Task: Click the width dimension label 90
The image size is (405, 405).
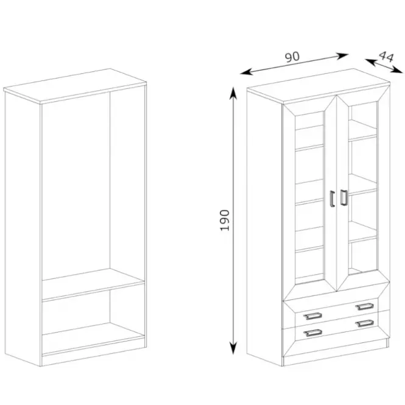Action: [x=292, y=57]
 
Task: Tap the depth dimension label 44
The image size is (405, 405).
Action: [x=386, y=57]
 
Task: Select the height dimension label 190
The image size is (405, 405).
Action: [x=224, y=220]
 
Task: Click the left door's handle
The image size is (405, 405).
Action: [x=332, y=199]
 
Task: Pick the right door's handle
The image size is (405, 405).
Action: [x=343, y=197]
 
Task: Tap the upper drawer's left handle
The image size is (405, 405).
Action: [x=312, y=316]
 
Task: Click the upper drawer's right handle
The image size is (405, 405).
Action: [x=364, y=306]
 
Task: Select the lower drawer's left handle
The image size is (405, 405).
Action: [x=313, y=333]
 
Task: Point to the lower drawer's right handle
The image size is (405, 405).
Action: [x=364, y=323]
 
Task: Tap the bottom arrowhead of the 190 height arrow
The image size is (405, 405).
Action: [x=233, y=349]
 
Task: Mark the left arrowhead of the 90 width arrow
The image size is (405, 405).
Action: [x=246, y=72]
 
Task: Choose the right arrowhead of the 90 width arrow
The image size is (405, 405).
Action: [x=343, y=56]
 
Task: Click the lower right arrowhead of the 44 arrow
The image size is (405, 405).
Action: [x=397, y=70]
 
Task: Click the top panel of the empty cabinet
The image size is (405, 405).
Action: [x=75, y=85]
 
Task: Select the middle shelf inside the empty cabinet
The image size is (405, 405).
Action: [x=93, y=284]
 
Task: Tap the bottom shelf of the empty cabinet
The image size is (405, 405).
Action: [x=93, y=339]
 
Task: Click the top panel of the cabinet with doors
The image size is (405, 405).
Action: [x=318, y=86]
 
